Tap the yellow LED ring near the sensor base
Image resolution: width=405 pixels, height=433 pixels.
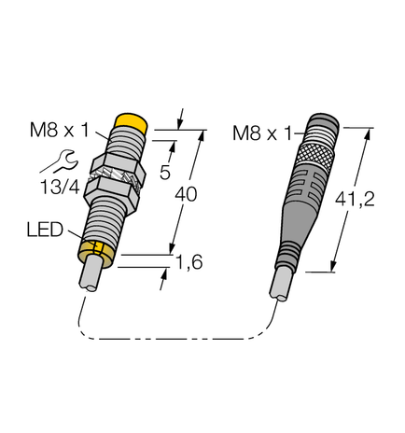tap(96, 249)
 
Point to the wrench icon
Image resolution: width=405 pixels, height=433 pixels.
tap(53, 159)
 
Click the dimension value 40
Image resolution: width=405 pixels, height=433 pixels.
tap(187, 196)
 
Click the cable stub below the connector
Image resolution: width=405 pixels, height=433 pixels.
tap(281, 284)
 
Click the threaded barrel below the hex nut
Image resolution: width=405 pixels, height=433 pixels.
tap(103, 220)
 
